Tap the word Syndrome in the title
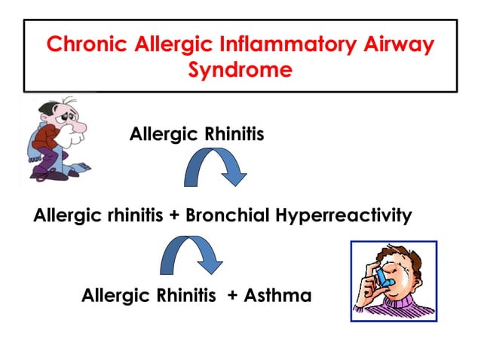(240, 72)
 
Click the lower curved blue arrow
(191, 257)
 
